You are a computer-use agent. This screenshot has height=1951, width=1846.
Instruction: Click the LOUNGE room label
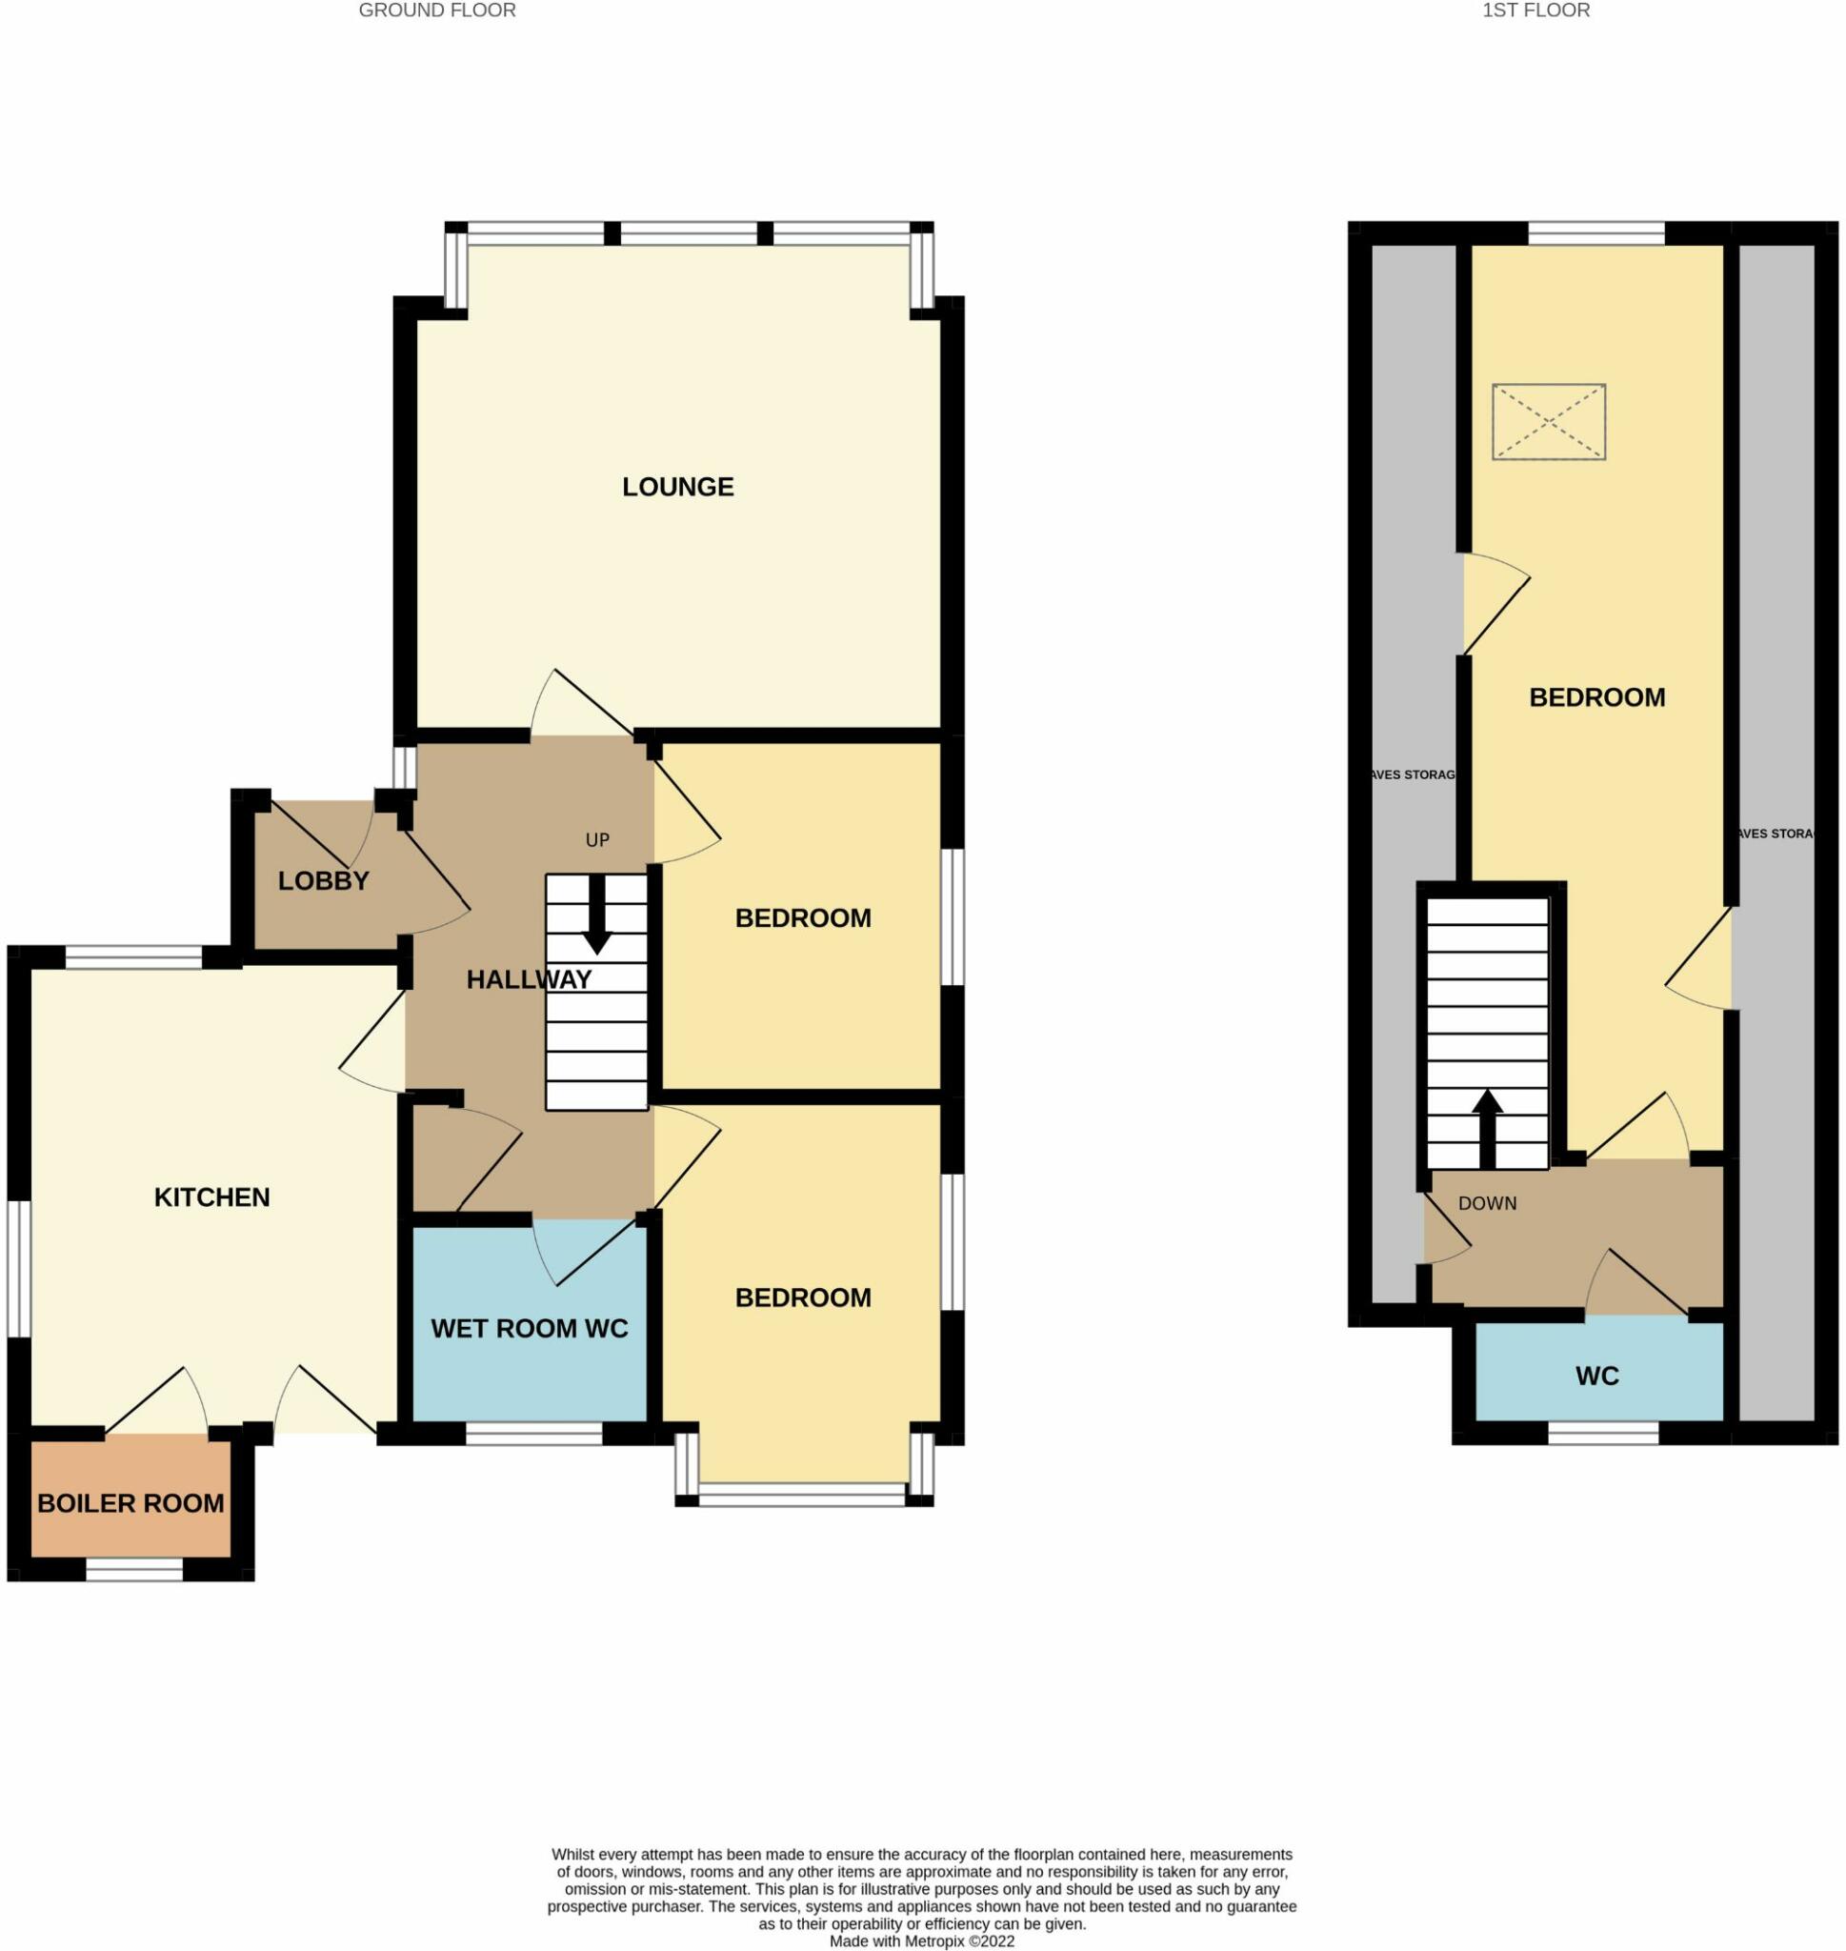click(678, 487)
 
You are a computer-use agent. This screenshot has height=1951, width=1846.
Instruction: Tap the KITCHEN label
click(211, 1197)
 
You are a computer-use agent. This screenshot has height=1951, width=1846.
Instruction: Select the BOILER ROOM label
click(130, 1503)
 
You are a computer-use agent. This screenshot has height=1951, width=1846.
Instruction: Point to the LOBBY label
click(323, 880)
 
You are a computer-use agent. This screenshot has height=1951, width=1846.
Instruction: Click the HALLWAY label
click(529, 980)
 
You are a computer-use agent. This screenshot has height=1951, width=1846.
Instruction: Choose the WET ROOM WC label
click(530, 1328)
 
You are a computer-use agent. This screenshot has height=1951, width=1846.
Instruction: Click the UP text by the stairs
click(597, 840)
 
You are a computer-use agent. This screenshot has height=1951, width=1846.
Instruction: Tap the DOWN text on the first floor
click(1487, 1203)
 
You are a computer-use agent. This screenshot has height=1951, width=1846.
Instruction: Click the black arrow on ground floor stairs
click(596, 915)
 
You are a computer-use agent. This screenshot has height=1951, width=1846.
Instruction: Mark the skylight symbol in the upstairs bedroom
click(1549, 422)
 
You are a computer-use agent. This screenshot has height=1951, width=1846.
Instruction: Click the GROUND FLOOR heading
click(437, 10)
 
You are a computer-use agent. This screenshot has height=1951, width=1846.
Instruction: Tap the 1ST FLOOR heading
click(1536, 10)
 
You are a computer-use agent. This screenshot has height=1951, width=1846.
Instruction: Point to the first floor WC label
click(1597, 1377)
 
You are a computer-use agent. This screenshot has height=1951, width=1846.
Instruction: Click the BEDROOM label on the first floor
click(1597, 697)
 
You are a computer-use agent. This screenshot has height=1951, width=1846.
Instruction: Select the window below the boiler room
click(135, 1570)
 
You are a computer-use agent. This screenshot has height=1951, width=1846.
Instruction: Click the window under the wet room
click(533, 1435)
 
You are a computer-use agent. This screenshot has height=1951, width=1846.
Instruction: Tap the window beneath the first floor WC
click(1604, 1435)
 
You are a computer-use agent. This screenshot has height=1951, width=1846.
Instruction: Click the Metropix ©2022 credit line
click(922, 1941)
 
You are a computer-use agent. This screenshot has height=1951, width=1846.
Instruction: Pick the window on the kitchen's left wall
click(19, 1269)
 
